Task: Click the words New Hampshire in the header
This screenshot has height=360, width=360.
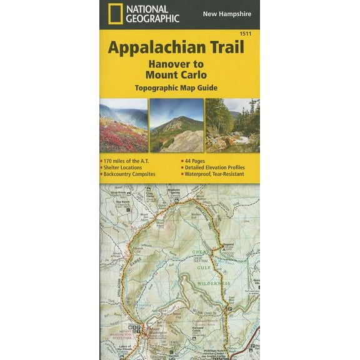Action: coord(226,14)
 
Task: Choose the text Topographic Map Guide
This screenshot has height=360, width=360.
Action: coord(179,87)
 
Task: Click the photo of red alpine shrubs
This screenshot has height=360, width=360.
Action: coord(123,125)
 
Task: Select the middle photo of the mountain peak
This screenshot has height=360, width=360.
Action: coord(177,125)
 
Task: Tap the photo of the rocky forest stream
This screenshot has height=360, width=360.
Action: coord(232,125)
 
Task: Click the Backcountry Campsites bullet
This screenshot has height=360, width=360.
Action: coord(130,175)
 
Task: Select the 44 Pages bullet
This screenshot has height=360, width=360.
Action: coord(197,161)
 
